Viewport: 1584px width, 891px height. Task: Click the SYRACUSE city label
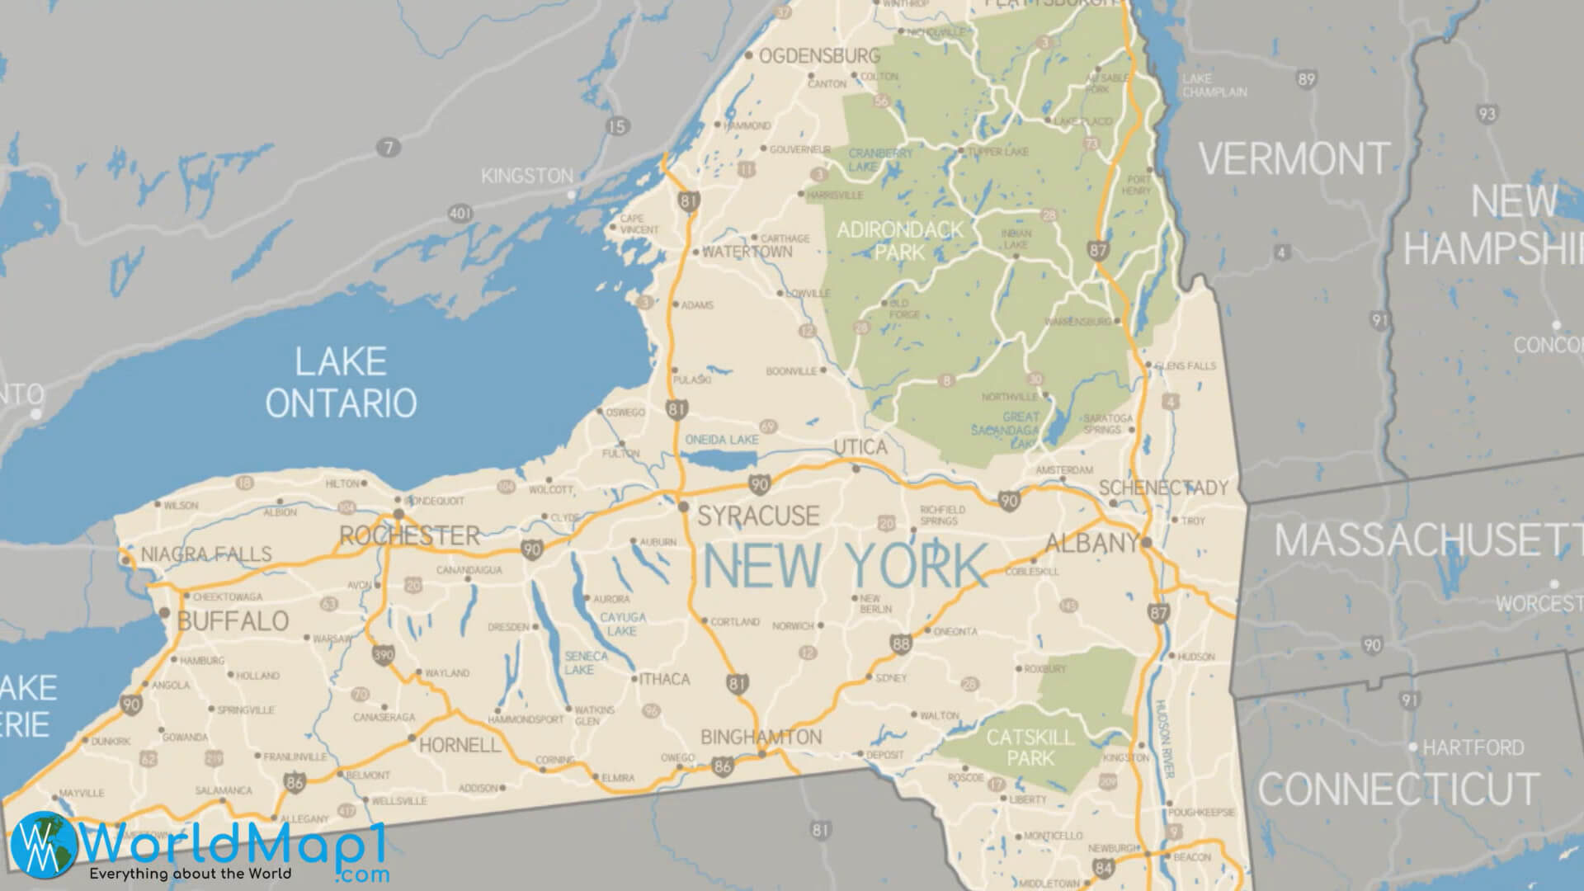(x=758, y=516)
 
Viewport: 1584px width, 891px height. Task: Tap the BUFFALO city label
(x=233, y=621)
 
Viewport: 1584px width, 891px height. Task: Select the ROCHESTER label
(x=410, y=536)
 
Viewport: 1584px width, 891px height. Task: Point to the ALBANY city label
(x=1092, y=543)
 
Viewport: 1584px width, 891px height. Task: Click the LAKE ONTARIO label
(x=341, y=383)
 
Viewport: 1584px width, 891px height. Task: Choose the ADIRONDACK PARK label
(x=899, y=240)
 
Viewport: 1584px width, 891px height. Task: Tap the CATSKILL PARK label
(x=1030, y=747)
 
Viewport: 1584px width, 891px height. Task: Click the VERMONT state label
(x=1294, y=158)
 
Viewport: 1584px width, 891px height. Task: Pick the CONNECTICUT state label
(x=1398, y=789)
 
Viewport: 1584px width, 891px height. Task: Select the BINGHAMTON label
(x=761, y=737)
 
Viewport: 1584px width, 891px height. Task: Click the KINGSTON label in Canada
(x=527, y=176)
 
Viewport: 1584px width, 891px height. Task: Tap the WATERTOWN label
(x=747, y=252)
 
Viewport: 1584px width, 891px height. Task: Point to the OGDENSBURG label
(x=819, y=56)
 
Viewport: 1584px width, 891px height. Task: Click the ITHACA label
(x=664, y=679)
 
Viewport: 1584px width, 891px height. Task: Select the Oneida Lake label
(x=722, y=440)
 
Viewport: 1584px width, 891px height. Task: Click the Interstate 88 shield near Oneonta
(x=901, y=643)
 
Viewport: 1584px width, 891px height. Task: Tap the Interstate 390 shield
(x=383, y=655)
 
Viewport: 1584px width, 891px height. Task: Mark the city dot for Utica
(x=856, y=469)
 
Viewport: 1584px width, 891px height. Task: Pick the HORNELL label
(x=460, y=746)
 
